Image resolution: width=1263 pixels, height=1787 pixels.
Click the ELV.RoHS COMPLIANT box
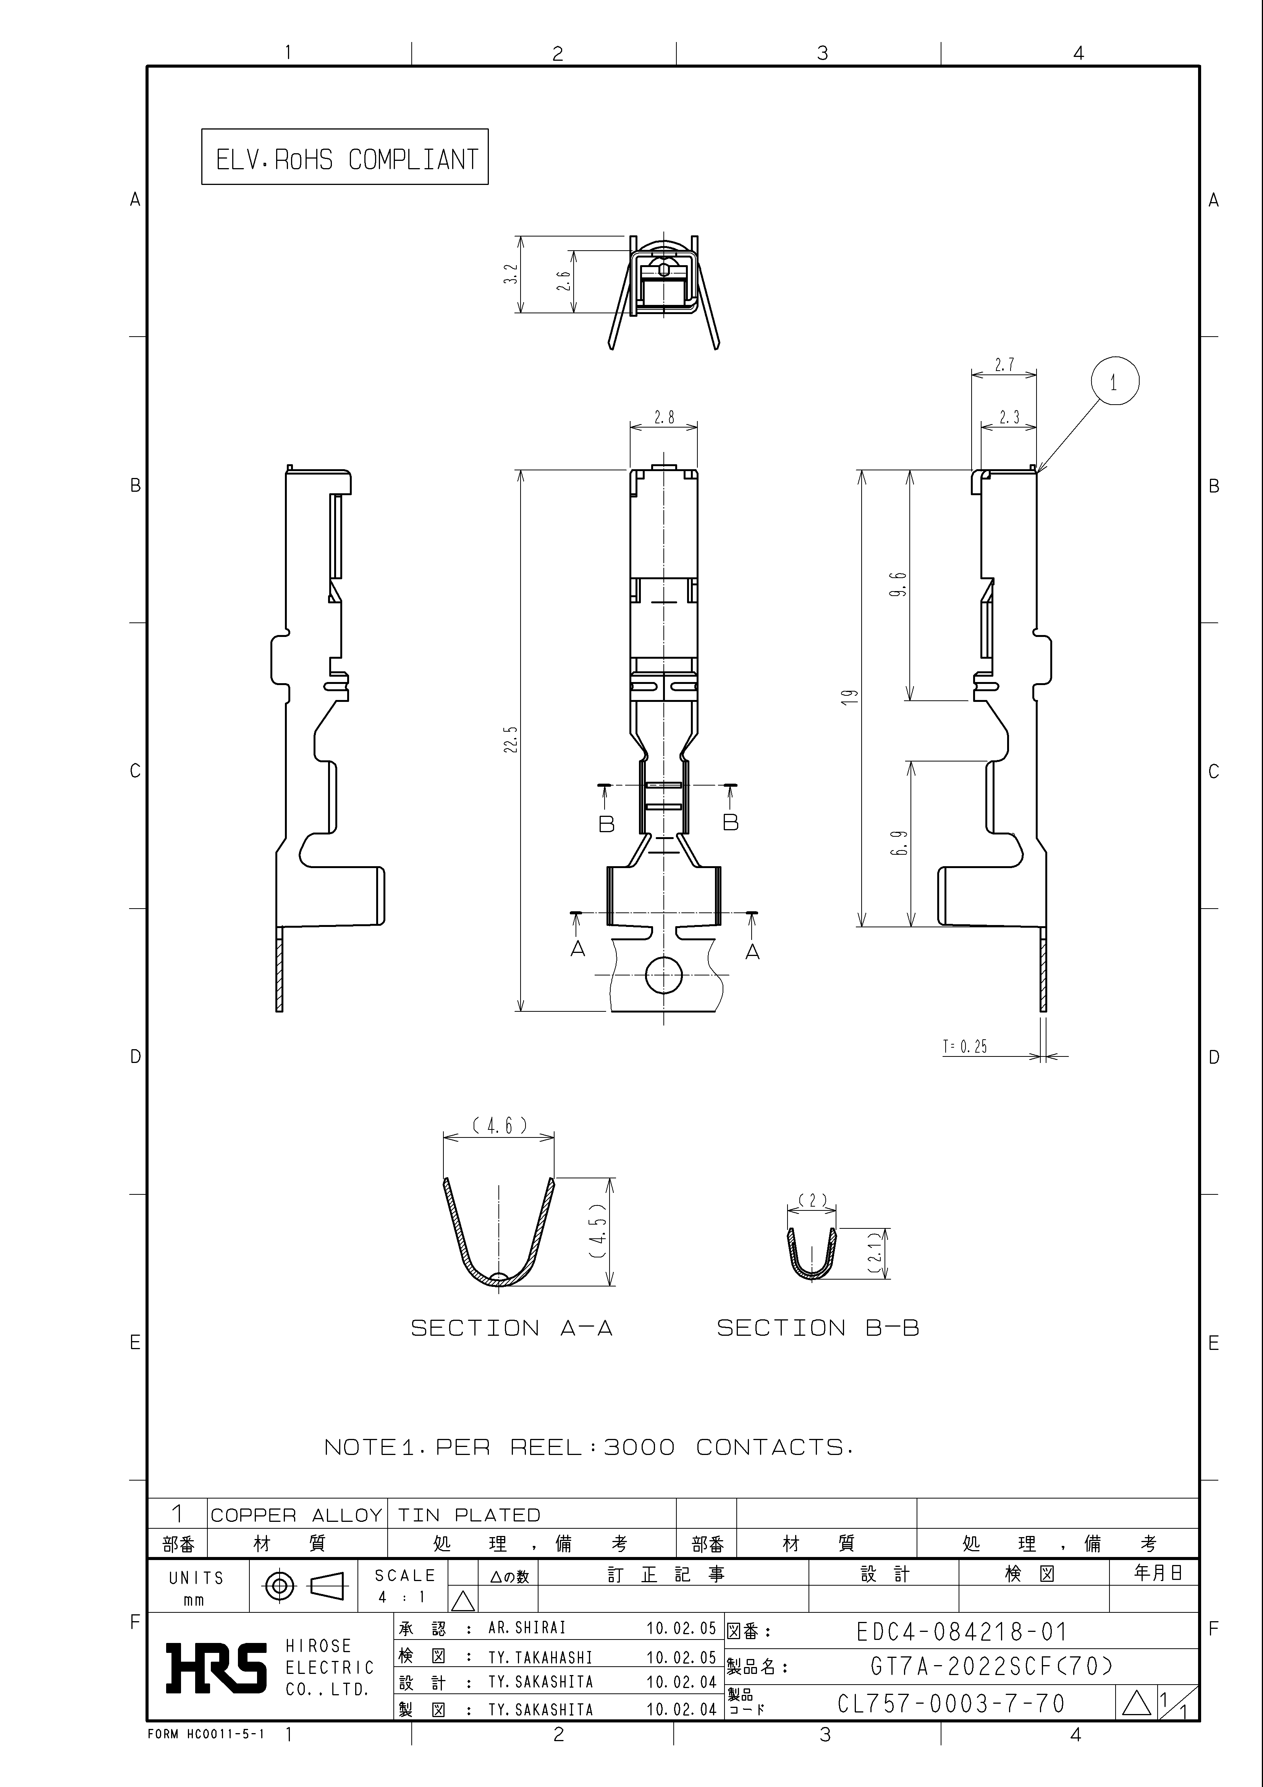tap(345, 156)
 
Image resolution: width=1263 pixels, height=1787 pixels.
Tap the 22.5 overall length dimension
tap(511, 739)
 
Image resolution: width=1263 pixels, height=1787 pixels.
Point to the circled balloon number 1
tap(1114, 382)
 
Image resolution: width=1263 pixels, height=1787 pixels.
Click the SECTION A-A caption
tap(511, 1328)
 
